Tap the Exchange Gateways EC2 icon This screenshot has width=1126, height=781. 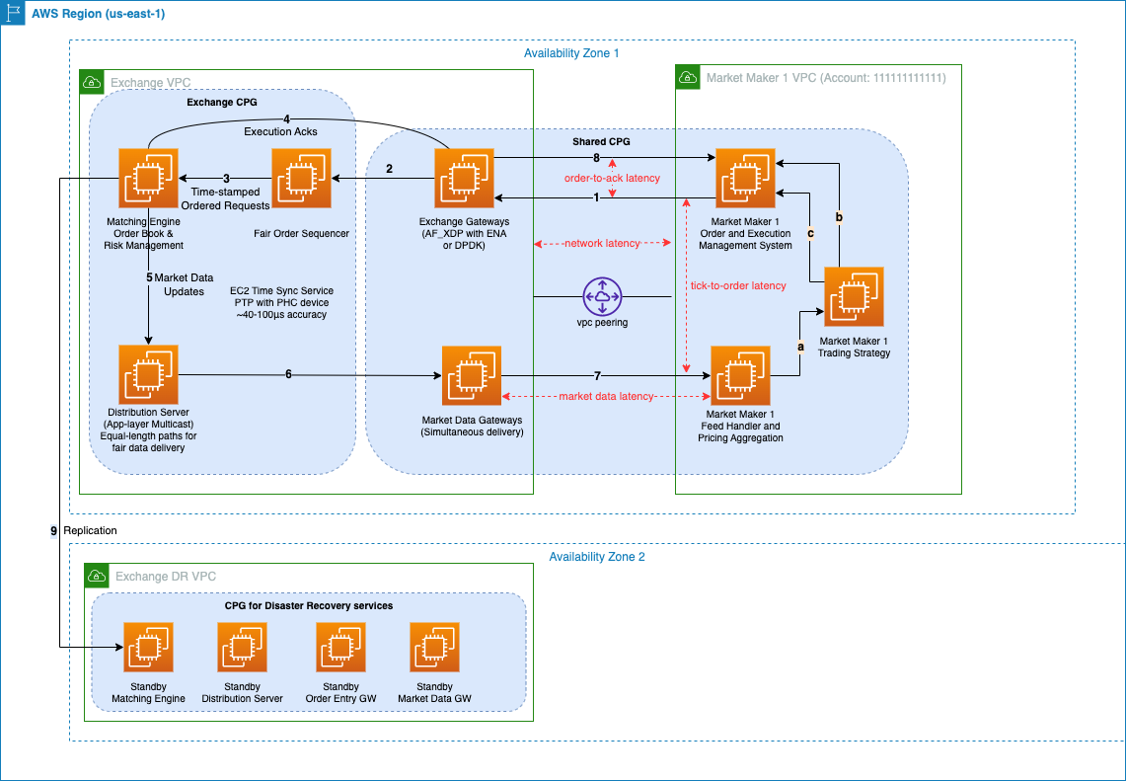pyautogui.click(x=464, y=178)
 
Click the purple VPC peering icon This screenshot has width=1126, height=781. pyautogui.click(x=604, y=296)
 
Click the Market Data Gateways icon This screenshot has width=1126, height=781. pyautogui.click(x=471, y=375)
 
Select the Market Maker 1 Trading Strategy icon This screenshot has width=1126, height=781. pyautogui.click(x=854, y=296)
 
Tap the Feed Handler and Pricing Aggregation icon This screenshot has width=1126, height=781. pyautogui.click(x=740, y=375)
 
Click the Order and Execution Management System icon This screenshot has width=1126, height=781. pyautogui.click(x=745, y=178)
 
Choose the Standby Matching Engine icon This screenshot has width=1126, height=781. pyautogui.click(x=148, y=648)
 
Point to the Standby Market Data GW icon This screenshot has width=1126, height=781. pyautogui.click(x=434, y=648)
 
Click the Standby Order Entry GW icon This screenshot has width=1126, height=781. pyautogui.click(x=340, y=648)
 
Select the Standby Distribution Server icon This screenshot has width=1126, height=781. pyautogui.click(x=242, y=648)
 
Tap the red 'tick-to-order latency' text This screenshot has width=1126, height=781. pyautogui.click(x=738, y=285)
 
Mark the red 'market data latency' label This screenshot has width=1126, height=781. pyautogui.click(x=606, y=396)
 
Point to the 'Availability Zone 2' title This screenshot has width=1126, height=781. pyautogui.click(x=597, y=557)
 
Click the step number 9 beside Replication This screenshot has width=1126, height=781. pyautogui.click(x=54, y=531)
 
